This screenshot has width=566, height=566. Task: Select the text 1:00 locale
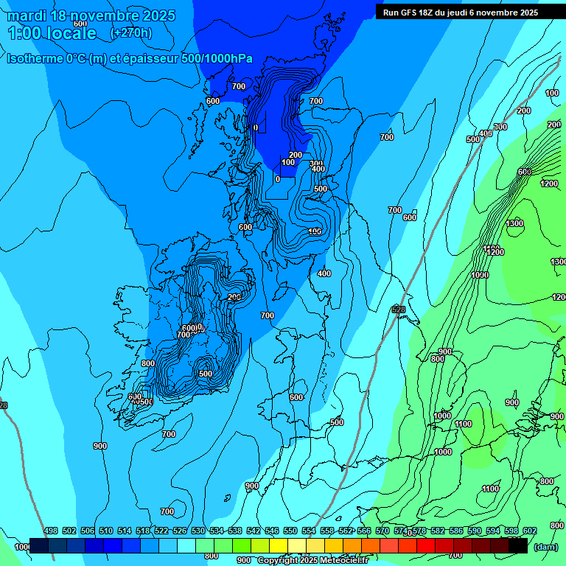[x=52, y=33]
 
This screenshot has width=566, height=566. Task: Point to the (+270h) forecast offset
[x=130, y=32]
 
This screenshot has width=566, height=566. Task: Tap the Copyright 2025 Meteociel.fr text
[x=312, y=561]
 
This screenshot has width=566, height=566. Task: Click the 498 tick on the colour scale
[x=51, y=531]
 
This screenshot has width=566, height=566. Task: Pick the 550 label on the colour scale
[x=290, y=531]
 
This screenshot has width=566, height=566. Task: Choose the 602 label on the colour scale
[x=530, y=531]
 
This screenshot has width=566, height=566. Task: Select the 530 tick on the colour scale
[x=198, y=531]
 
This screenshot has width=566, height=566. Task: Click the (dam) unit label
[x=545, y=547]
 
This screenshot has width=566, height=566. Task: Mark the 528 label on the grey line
[x=399, y=310]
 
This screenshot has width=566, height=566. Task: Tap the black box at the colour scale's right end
[x=518, y=545]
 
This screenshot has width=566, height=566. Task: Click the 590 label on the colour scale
[x=475, y=531]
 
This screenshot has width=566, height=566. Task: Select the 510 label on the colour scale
[x=106, y=531]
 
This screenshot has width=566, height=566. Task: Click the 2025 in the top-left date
[x=158, y=16]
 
